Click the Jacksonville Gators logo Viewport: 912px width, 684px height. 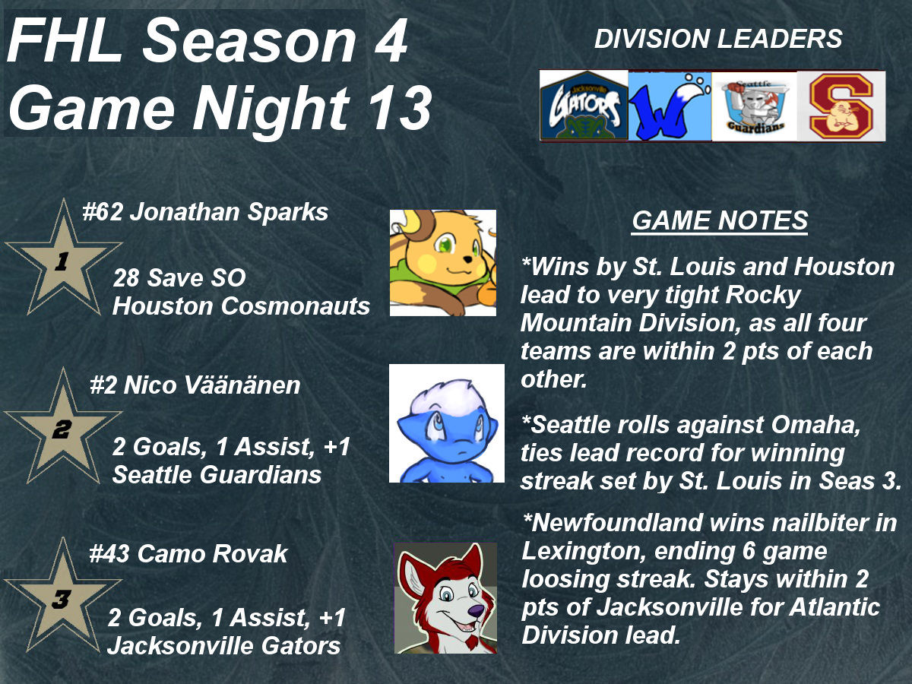584,106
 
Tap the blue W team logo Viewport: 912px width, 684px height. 670,106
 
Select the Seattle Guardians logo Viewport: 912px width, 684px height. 755,106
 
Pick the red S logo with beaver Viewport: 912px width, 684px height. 841,106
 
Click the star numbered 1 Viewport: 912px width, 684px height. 63,258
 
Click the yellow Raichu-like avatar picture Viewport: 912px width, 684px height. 443,263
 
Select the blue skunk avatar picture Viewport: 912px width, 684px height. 447,423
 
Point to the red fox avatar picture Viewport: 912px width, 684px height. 445,598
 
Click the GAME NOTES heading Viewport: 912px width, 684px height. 720,220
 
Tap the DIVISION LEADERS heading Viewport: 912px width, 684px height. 718,39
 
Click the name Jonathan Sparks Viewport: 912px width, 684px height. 229,212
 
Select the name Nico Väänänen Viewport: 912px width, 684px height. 212,385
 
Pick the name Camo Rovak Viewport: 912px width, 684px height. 212,553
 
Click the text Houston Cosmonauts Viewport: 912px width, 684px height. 241,306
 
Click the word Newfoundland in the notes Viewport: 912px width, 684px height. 617,522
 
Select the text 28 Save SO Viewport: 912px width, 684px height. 179,277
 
